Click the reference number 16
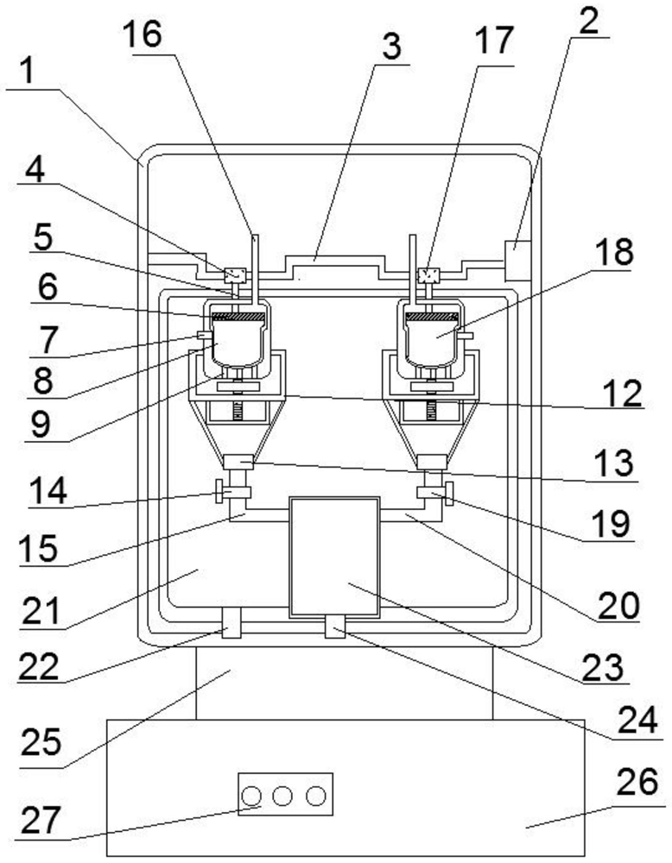[x=143, y=34]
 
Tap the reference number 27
[x=40, y=820]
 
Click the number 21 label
[x=41, y=612]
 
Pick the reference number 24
[x=637, y=721]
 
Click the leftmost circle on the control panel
[x=251, y=796]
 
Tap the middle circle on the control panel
[x=282, y=796]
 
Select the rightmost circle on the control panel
[x=315, y=796]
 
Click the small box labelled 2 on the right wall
[x=517, y=261]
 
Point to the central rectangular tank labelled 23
[x=334, y=557]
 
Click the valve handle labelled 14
[x=219, y=490]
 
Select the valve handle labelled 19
[x=449, y=493]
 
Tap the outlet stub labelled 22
[x=231, y=623]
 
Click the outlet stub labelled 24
[x=335, y=627]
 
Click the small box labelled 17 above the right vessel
[x=428, y=274]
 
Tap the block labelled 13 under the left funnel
[x=238, y=462]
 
